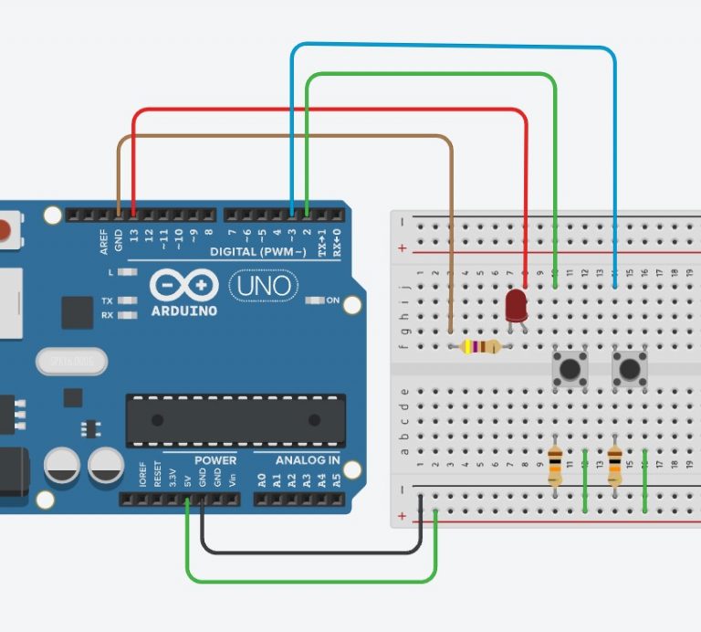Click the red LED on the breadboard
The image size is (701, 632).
[x=517, y=305]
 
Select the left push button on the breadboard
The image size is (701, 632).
[x=570, y=370]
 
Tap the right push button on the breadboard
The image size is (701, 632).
[x=629, y=370]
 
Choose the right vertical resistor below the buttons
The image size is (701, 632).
[x=614, y=467]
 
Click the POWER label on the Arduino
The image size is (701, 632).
[x=215, y=459]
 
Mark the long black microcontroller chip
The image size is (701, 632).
[x=235, y=420]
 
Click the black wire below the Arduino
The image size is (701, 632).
[x=310, y=552]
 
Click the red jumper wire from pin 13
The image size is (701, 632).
[x=329, y=111]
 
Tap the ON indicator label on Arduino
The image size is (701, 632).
[x=332, y=300]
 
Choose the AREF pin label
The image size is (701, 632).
[x=104, y=240]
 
